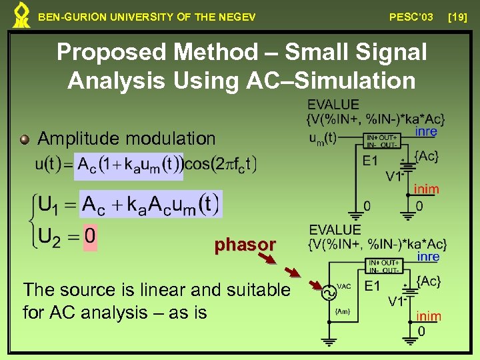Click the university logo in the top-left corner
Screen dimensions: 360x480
coord(21,15)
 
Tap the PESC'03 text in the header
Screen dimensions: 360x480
coord(411,17)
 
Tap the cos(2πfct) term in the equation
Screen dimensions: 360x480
coord(220,165)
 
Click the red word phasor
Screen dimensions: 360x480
coord(245,245)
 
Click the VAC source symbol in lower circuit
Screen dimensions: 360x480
coord(329,292)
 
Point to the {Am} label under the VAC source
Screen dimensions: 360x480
coord(343,312)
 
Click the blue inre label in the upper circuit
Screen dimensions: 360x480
coord(427,132)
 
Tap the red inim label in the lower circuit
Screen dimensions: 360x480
coord(428,317)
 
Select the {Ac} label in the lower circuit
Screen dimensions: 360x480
coord(427,281)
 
